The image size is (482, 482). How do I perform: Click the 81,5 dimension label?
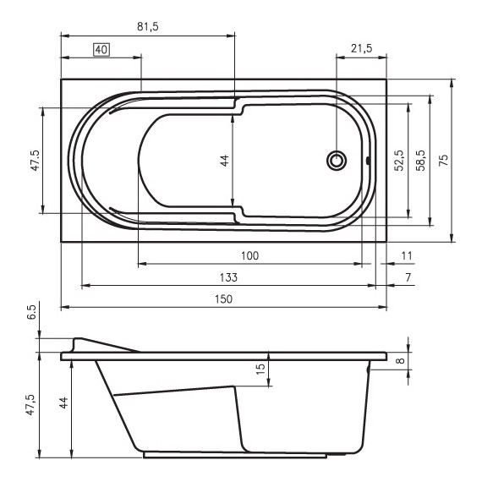pyautogui.click(x=148, y=27)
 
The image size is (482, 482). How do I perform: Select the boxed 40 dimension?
pyautogui.click(x=101, y=50)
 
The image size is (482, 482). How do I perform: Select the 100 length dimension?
pyautogui.click(x=249, y=255)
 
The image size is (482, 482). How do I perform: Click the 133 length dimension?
pyautogui.click(x=228, y=277)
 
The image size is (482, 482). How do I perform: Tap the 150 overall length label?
pyautogui.click(x=222, y=299)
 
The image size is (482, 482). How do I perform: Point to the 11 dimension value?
pyautogui.click(x=407, y=255)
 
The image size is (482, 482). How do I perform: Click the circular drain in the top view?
pyautogui.click(x=337, y=161)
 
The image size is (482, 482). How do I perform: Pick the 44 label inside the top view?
pyautogui.click(x=224, y=161)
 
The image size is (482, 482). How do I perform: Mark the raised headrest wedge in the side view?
pyautogui.click(x=101, y=347)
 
